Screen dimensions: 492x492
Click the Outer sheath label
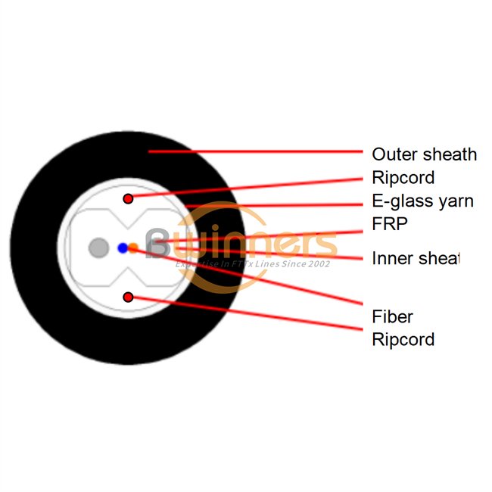(x=424, y=154)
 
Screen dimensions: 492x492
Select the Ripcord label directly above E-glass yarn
(x=403, y=178)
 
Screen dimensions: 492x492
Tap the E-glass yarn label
(x=422, y=201)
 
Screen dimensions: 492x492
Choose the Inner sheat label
(x=416, y=258)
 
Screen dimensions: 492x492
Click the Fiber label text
(x=392, y=316)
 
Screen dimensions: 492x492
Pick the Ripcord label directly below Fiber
(x=403, y=339)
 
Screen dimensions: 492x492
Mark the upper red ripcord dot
(x=129, y=198)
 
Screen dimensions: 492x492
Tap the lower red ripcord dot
(x=129, y=297)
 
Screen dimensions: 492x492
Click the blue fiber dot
(x=123, y=248)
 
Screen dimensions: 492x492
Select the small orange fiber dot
(x=133, y=248)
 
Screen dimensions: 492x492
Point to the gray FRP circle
(x=98, y=248)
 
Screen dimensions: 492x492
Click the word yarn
(x=457, y=201)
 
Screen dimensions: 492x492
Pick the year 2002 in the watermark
(x=316, y=264)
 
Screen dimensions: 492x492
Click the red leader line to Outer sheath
(x=257, y=151)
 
